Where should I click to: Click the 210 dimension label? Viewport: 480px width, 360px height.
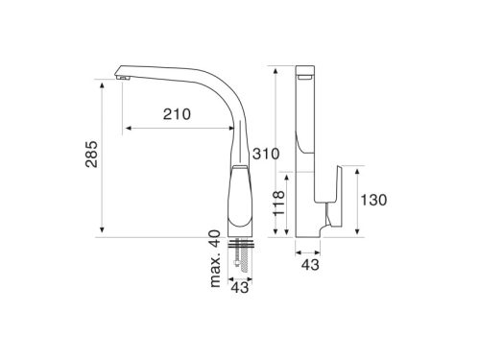(x=177, y=114)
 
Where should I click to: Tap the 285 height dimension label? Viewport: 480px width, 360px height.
(x=91, y=154)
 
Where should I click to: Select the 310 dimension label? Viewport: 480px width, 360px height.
(x=266, y=154)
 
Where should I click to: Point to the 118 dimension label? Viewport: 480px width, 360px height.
(x=278, y=203)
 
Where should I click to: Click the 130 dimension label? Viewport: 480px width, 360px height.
(x=373, y=200)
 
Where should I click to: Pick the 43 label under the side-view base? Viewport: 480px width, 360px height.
(x=310, y=265)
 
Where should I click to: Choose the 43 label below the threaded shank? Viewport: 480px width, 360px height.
(x=240, y=287)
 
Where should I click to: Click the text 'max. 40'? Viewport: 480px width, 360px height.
(x=215, y=258)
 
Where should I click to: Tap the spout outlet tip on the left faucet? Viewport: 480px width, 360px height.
(x=122, y=77)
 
